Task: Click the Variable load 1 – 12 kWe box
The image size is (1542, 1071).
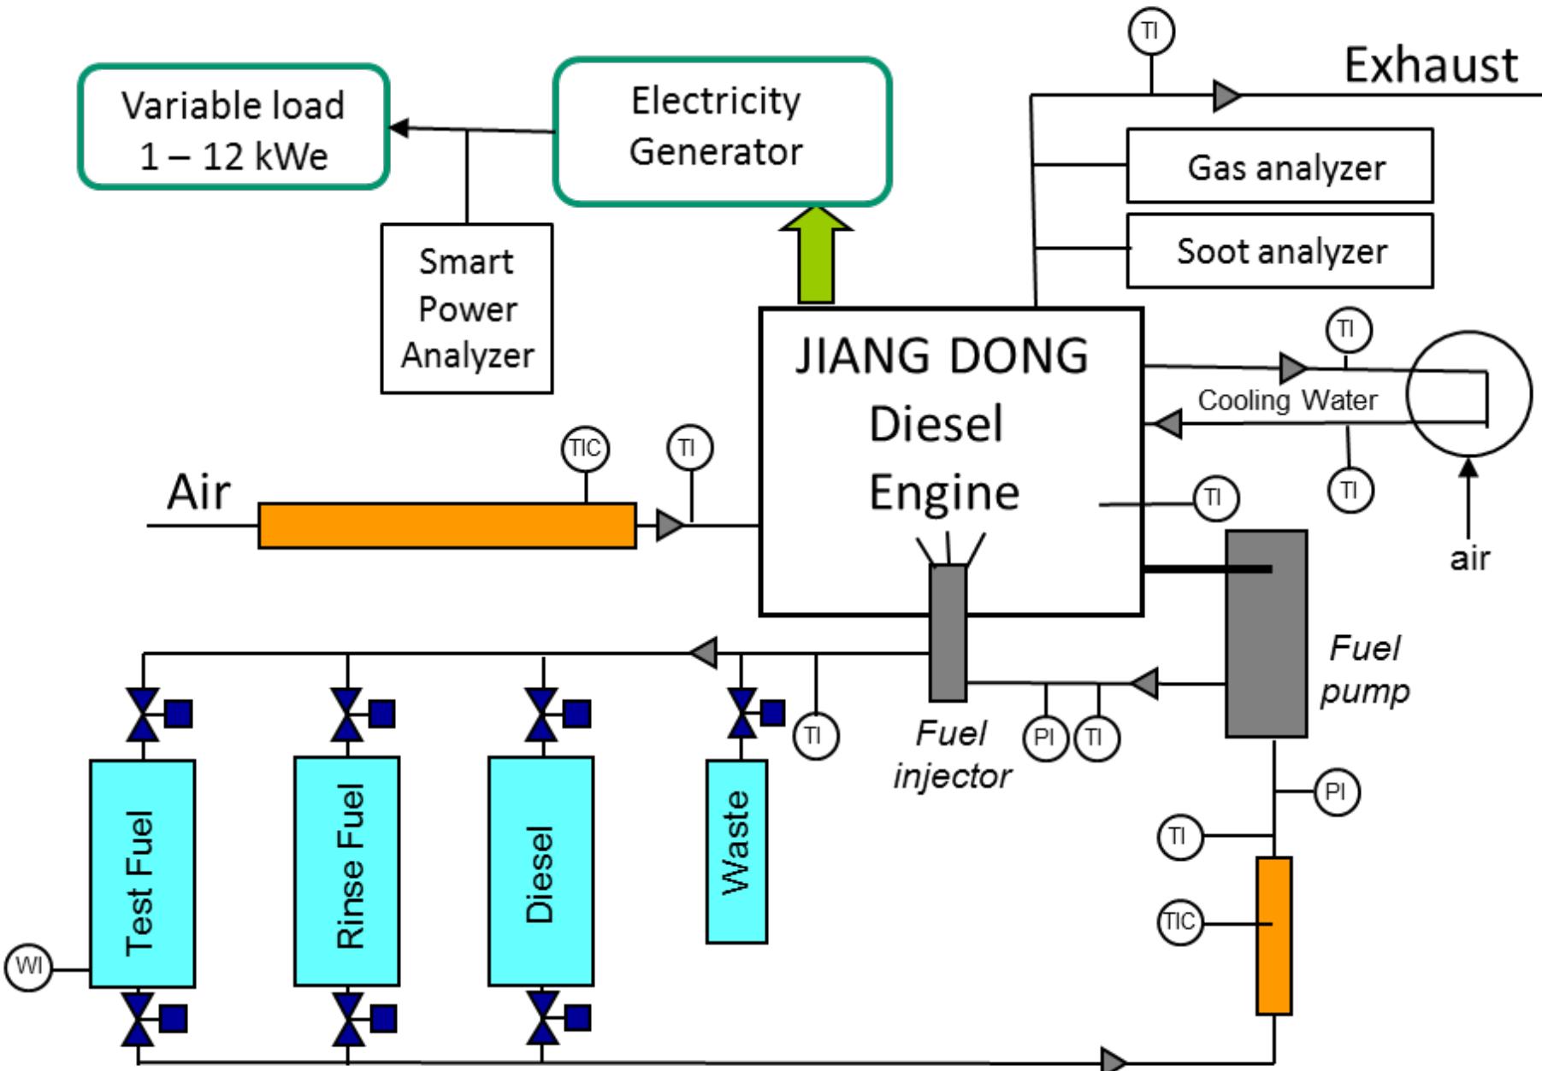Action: tap(233, 127)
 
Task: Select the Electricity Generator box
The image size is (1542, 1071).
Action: tap(722, 131)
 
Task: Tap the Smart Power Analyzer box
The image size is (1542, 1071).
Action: tap(466, 309)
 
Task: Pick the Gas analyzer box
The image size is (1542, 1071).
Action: tap(1279, 166)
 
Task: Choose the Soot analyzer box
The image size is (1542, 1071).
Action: tap(1279, 250)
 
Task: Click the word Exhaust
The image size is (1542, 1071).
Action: tap(1431, 65)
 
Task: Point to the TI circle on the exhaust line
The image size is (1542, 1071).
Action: tap(1150, 32)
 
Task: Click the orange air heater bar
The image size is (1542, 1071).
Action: tap(446, 526)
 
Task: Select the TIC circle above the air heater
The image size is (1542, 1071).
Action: tap(585, 448)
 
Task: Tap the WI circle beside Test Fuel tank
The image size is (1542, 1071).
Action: tap(29, 967)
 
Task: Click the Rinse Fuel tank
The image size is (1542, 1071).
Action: tap(346, 870)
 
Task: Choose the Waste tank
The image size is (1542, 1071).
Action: tap(736, 850)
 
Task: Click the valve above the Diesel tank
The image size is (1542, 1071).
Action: tap(542, 714)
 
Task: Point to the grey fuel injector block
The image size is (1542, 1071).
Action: tap(948, 633)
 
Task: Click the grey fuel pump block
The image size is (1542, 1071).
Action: tap(1266, 633)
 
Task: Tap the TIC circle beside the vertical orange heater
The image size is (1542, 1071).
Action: tap(1179, 921)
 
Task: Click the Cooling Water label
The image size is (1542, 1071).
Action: tap(1286, 399)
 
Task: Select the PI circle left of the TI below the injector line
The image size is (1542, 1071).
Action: tap(1044, 737)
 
